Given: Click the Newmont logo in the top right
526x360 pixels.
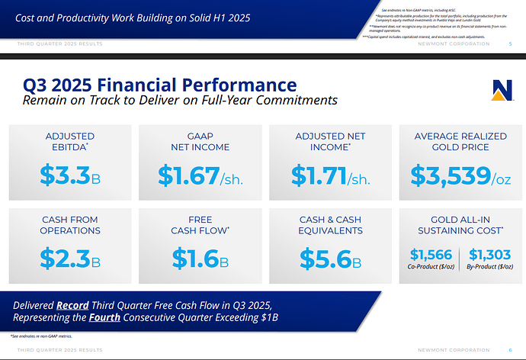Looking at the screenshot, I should tap(503, 88).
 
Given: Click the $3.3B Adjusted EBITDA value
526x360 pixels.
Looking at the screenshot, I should tap(69, 176).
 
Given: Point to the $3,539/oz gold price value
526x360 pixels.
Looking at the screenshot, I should tap(460, 176).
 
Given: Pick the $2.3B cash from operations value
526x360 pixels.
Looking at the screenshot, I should tap(69, 259).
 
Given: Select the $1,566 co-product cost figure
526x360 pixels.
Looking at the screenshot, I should tap(431, 255).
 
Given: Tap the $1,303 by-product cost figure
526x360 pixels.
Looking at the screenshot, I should tap(490, 255).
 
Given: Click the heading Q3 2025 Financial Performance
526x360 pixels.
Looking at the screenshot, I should tap(159, 85).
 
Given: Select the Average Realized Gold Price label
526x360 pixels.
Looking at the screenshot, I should tap(460, 141).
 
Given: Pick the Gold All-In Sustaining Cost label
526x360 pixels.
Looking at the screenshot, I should tap(460, 225).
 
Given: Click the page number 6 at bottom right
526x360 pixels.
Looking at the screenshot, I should tap(510, 349).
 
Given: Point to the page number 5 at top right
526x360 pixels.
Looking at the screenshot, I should tap(510, 44).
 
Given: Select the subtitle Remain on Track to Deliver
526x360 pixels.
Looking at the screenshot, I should tap(180, 100).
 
